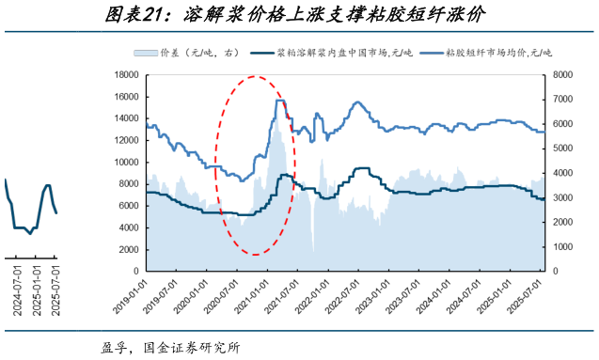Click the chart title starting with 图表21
pyautogui.click(x=299, y=14)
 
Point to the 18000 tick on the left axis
pyautogui.click(x=126, y=75)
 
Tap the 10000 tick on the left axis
pyautogui.click(x=126, y=163)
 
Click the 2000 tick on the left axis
pyautogui.click(x=129, y=249)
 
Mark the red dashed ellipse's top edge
pyautogui.click(x=256, y=77)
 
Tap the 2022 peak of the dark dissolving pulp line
pyautogui.click(x=361, y=168)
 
